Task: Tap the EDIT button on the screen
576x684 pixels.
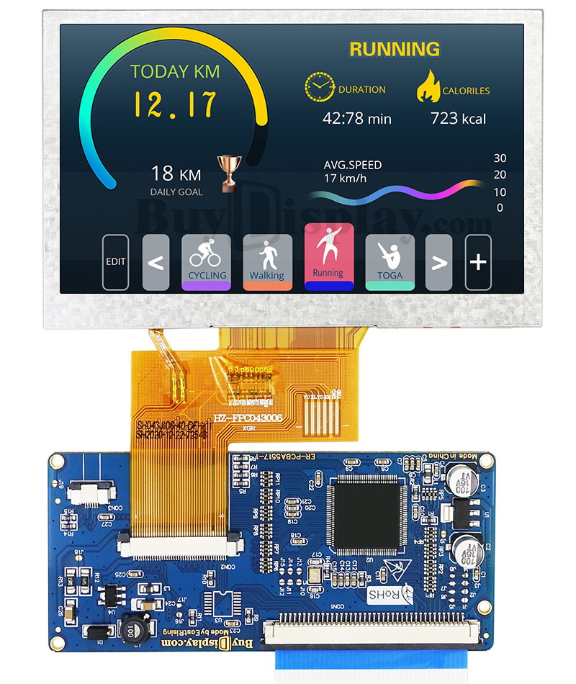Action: (x=115, y=262)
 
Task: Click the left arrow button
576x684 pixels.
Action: (x=156, y=262)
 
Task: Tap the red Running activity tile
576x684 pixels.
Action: (x=329, y=256)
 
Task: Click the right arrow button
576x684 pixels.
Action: (x=438, y=262)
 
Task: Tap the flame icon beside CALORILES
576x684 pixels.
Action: (x=428, y=86)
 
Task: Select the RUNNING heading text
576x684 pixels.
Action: (x=395, y=49)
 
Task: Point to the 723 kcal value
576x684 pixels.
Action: (x=458, y=118)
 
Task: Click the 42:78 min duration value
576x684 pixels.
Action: (x=356, y=118)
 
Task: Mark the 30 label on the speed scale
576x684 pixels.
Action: (x=500, y=158)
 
